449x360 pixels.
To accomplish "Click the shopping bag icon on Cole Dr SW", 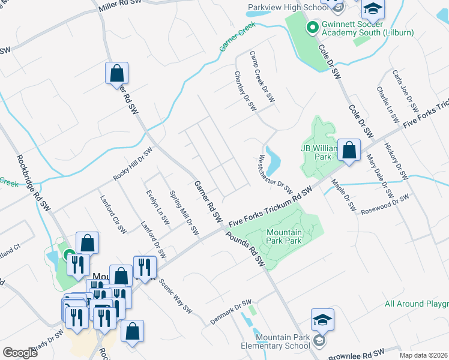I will (x=349, y=151).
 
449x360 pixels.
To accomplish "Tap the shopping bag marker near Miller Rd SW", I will (x=117, y=74).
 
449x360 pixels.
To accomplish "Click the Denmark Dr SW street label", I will (x=231, y=313).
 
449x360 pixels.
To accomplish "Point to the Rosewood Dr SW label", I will (x=385, y=204).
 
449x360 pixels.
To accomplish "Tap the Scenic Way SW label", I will (x=175, y=297).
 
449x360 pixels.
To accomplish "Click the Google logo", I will (x=20, y=353).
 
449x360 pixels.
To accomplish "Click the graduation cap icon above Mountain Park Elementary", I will (x=322, y=320).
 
